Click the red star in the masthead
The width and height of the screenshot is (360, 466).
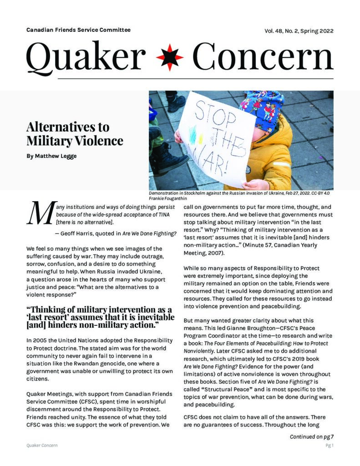coord(170,58)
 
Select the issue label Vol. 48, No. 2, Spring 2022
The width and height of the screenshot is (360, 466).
coord(299,31)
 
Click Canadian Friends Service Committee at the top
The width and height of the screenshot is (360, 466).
coord(78,30)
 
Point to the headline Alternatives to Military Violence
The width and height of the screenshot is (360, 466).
coord(75,134)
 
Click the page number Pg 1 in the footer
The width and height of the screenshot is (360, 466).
coord(329,446)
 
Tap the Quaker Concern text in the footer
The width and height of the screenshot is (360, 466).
coord(42,446)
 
